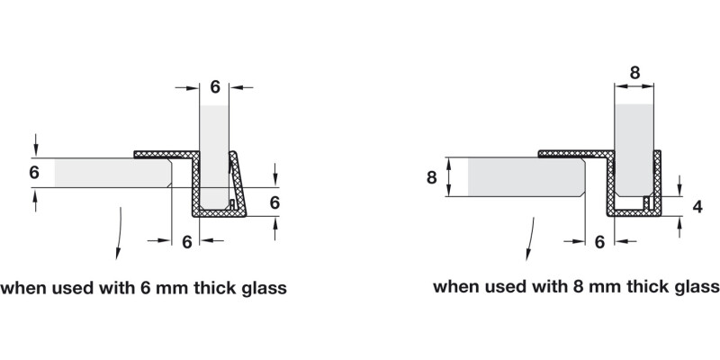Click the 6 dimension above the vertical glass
pos(215,87)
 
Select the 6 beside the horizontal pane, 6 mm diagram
pos(34,172)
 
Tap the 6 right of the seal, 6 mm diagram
pos(276,202)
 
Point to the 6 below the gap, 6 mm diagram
pos(187,240)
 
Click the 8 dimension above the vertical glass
pos(636,73)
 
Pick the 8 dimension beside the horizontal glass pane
pos(431,177)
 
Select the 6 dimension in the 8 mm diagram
pos(599,240)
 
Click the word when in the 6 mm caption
pos(22,289)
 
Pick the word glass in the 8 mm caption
pos(696,287)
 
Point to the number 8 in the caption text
pos(577,287)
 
